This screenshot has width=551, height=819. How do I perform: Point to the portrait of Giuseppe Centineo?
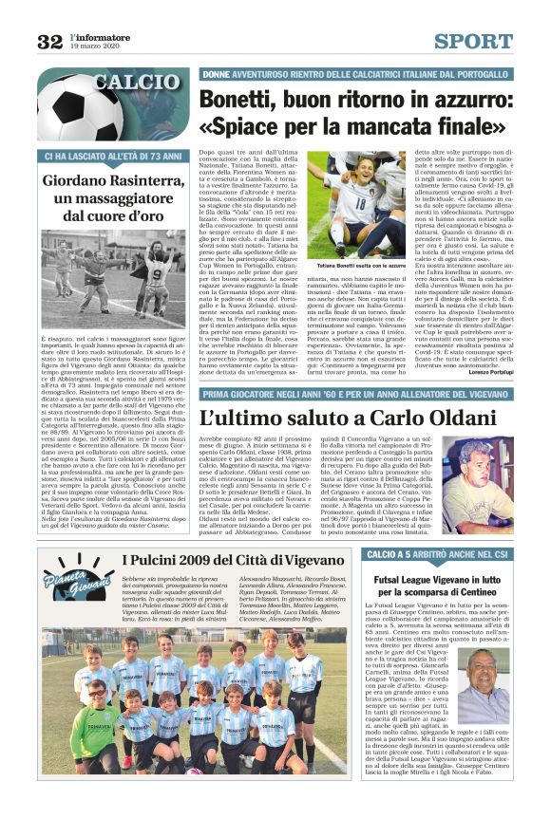coord(488,683)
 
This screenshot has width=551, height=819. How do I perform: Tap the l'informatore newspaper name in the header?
coord(101,35)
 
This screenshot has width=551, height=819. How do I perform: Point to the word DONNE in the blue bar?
coord(218,73)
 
